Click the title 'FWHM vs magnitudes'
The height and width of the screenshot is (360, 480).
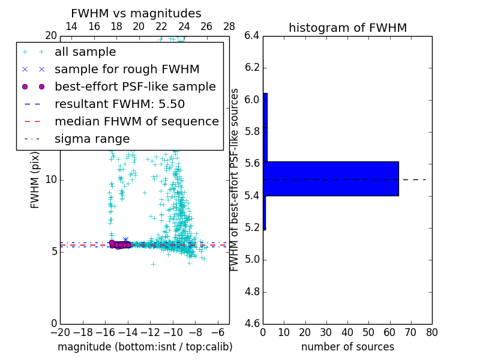click(x=136, y=13)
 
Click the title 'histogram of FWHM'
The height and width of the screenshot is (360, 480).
click(x=347, y=28)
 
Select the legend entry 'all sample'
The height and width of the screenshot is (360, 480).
click(x=85, y=52)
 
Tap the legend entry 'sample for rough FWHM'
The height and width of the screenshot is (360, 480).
click(x=127, y=70)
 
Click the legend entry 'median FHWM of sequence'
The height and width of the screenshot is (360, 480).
click(x=136, y=121)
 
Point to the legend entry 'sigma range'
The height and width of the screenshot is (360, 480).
click(x=92, y=139)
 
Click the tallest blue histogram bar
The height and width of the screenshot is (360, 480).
click(x=331, y=179)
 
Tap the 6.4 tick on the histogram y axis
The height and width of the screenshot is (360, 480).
click(x=251, y=35)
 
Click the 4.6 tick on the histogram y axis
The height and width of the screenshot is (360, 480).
click(x=251, y=324)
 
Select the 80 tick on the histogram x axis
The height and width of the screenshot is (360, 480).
click(x=432, y=332)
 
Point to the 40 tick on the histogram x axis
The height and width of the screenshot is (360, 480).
click(x=347, y=332)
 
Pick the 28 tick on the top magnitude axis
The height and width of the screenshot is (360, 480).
click(x=229, y=26)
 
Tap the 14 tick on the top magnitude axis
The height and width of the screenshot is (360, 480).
click(x=71, y=26)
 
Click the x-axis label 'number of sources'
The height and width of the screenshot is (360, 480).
click(x=347, y=347)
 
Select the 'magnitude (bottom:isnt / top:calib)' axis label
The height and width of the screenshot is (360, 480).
click(x=145, y=347)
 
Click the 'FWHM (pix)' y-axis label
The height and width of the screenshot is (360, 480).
click(x=35, y=179)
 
